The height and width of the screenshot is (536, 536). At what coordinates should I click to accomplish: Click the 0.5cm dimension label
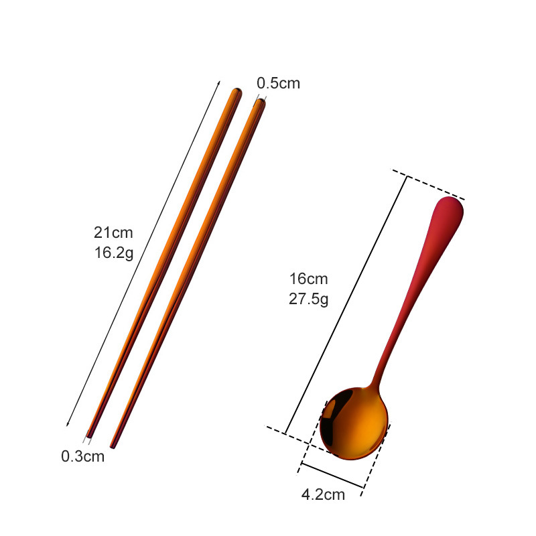click(278, 83)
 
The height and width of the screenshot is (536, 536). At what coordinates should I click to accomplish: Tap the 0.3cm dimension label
click(82, 456)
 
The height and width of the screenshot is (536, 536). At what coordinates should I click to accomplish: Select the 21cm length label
click(113, 232)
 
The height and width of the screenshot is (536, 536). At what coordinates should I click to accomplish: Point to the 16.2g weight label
click(114, 253)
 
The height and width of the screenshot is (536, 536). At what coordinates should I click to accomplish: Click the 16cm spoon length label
click(309, 279)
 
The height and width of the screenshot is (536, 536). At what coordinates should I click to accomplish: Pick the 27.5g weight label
click(308, 299)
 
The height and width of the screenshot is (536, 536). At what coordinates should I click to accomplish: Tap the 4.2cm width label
click(323, 494)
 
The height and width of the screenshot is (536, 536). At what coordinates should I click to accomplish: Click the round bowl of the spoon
click(354, 423)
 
